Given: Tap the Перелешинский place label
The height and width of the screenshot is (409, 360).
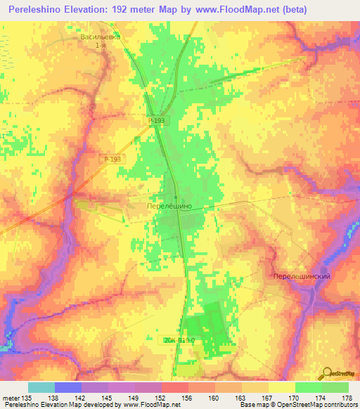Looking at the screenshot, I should click(302, 277).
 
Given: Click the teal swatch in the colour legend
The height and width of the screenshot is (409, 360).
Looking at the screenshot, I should click(41, 387).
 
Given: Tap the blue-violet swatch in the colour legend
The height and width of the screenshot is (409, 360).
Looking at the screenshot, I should click(68, 387).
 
